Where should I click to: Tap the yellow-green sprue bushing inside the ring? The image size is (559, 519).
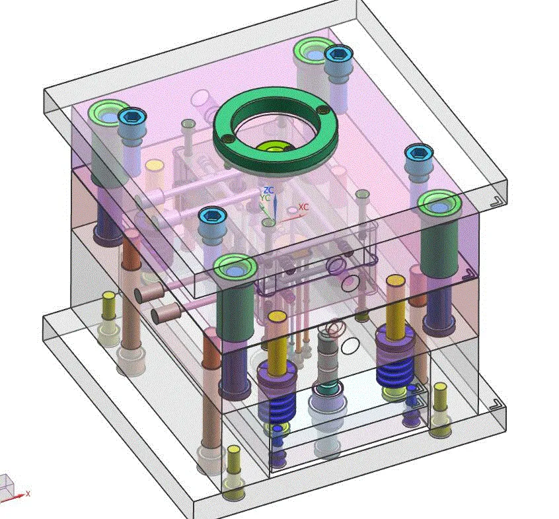(273, 148)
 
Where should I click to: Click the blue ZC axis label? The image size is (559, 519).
(268, 190)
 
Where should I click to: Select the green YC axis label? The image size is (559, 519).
(265, 197)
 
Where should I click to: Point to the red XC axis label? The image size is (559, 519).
(303, 207)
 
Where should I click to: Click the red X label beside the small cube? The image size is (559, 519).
(28, 494)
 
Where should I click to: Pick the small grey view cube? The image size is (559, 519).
(7, 485)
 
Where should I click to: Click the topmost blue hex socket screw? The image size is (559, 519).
(339, 54)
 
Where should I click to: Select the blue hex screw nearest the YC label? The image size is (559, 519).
(213, 216)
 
